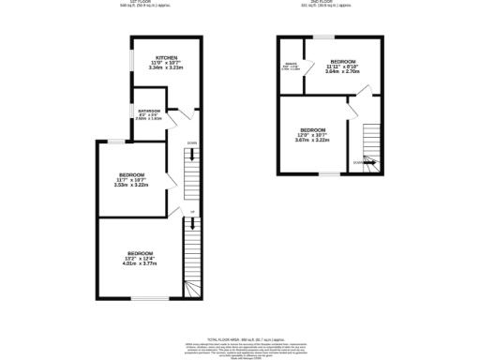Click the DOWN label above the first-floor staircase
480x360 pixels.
point(191,142)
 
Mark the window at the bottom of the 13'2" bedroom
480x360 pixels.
point(145,300)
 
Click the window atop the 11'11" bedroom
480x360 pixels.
point(323,37)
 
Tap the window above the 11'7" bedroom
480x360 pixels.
point(115,142)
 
